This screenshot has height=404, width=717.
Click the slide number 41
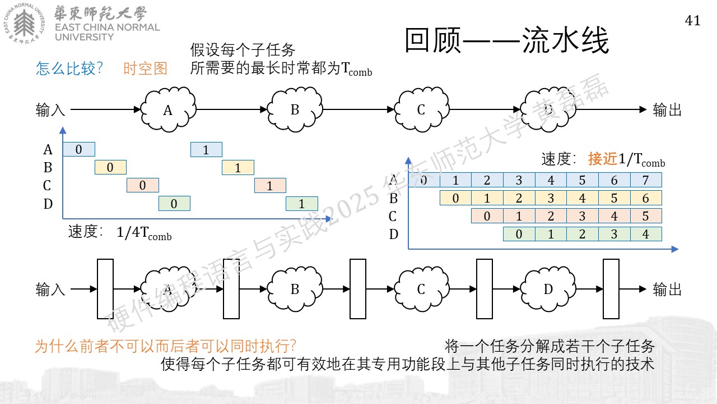click(x=692, y=21)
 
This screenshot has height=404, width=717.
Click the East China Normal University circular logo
click(x=24, y=24)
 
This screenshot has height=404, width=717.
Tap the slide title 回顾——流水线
click(x=507, y=40)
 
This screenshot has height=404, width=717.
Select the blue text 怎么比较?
click(x=69, y=68)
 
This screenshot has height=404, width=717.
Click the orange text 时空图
click(x=145, y=68)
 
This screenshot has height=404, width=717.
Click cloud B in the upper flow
click(x=295, y=109)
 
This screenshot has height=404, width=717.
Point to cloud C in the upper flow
click(x=421, y=109)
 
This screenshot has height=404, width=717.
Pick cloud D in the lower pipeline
click(x=548, y=289)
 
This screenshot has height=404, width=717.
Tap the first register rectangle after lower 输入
click(x=105, y=289)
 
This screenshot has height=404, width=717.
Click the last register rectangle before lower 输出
click(x=611, y=289)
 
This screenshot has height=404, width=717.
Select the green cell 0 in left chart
click(x=174, y=203)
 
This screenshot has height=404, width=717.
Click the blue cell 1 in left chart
click(x=206, y=149)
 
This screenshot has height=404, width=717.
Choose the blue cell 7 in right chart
click(x=646, y=180)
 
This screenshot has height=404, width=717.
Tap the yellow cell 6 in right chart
click(x=646, y=198)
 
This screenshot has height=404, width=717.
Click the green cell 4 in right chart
click(x=646, y=234)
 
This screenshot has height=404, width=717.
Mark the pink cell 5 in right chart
click(x=646, y=216)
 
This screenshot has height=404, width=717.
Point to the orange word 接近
click(x=603, y=158)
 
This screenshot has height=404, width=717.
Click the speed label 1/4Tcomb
click(x=144, y=232)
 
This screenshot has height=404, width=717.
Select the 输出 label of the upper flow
click(x=667, y=109)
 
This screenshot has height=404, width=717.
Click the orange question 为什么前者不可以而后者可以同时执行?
click(x=165, y=346)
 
